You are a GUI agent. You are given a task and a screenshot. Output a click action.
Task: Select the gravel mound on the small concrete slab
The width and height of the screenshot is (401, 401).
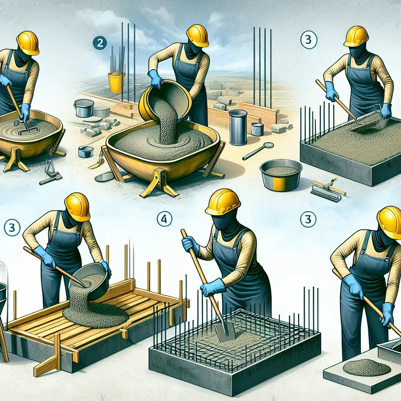[x=366, y=367]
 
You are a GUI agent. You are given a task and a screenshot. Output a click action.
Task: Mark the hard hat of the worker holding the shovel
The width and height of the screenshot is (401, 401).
[x=223, y=202]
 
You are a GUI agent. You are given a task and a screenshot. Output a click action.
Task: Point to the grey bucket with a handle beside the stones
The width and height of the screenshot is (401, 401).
[x=84, y=108]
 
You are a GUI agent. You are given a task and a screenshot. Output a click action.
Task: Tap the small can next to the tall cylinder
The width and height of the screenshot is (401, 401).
[x=257, y=129]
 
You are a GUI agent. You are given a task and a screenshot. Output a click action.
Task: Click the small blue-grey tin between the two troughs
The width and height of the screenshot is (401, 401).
[x=86, y=152]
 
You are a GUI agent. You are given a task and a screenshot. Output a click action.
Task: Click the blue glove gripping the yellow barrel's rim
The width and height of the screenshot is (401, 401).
[x=155, y=79]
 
